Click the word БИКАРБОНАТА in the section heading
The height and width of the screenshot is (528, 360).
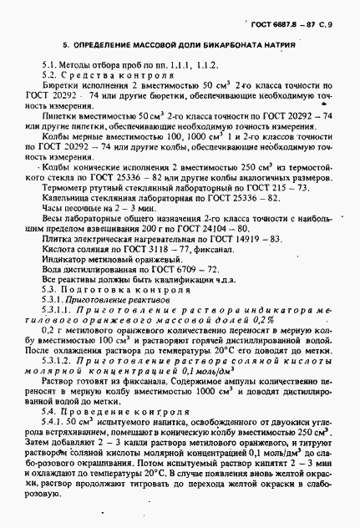pyautogui.click(x=205, y=40)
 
